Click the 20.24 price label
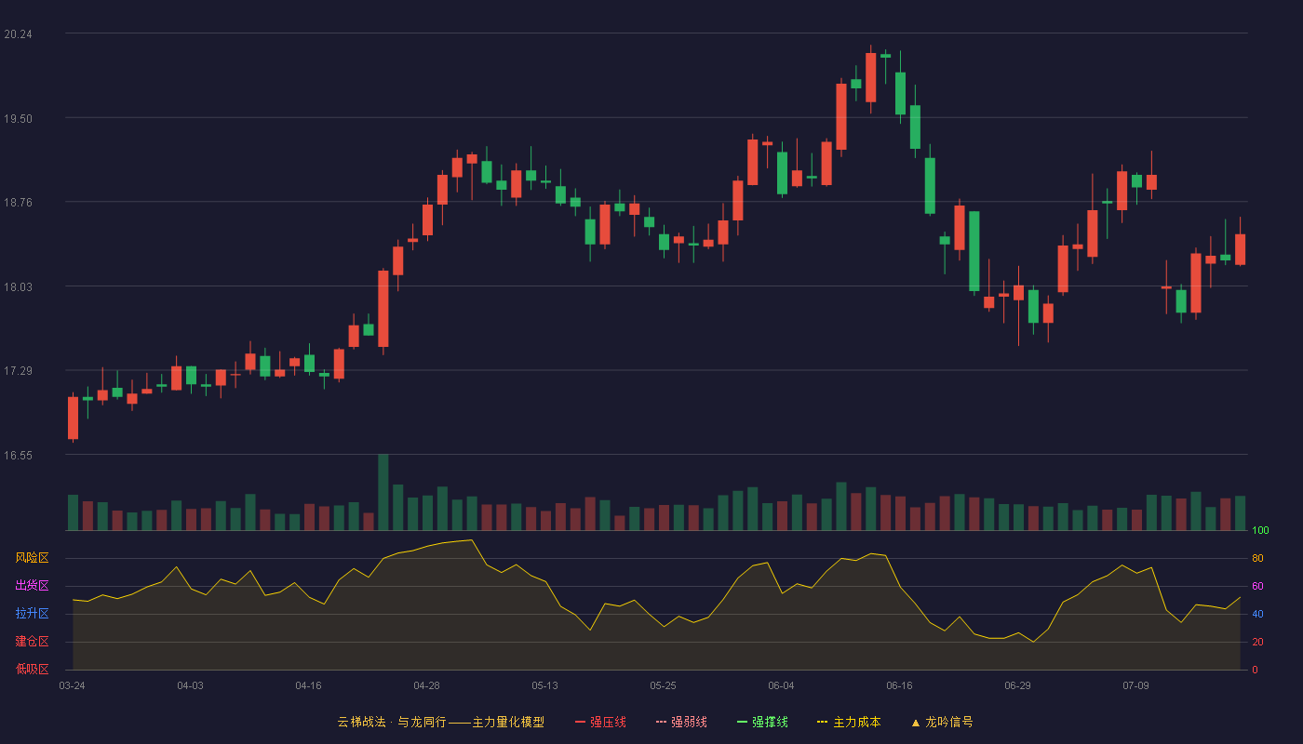click(18, 34)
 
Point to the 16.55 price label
click(18, 456)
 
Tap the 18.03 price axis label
click(18, 287)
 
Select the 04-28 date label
click(426, 686)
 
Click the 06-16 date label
click(899, 686)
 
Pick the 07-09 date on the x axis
click(1135, 686)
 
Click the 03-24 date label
click(73, 686)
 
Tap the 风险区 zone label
click(32, 558)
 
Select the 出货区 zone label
click(32, 585)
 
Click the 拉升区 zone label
click(32, 613)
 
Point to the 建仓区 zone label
click(32, 641)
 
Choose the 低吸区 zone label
click(32, 669)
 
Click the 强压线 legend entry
click(600, 722)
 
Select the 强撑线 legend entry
click(762, 722)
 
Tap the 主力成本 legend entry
click(849, 722)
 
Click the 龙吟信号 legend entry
click(942, 722)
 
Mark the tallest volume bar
click(383, 492)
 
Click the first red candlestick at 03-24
click(73, 418)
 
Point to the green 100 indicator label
click(1260, 530)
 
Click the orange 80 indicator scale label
click(1257, 558)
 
